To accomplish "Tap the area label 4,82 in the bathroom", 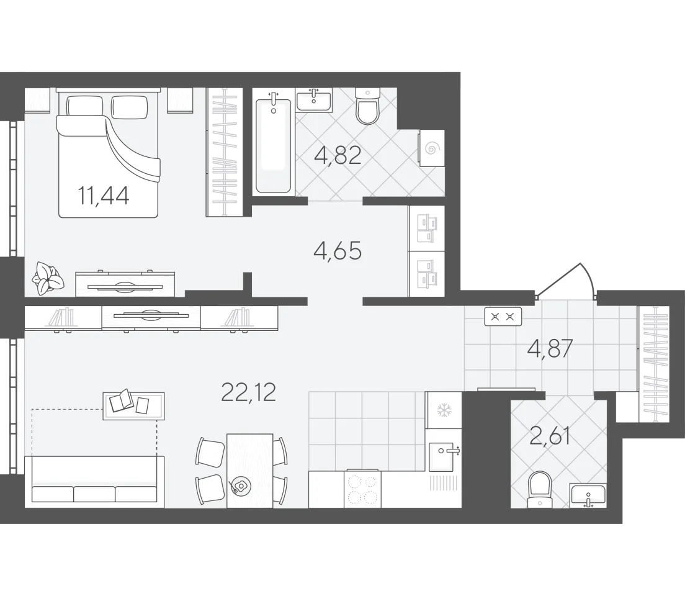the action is (x=338, y=155).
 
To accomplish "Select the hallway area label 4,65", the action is (x=338, y=251).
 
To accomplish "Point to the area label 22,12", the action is (x=249, y=392).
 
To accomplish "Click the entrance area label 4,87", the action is (x=550, y=350).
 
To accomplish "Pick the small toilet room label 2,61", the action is (x=550, y=436).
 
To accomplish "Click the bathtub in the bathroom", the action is (x=273, y=146).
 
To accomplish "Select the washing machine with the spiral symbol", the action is (x=431, y=148).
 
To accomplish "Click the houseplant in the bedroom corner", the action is (x=48, y=278).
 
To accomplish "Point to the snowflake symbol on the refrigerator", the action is (x=444, y=410).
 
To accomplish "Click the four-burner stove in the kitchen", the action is (x=362, y=489).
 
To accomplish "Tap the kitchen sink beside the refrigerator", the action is (x=444, y=456).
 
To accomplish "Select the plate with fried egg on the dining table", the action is (x=240, y=486).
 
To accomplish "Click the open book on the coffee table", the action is (x=122, y=401).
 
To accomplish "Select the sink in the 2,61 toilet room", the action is (x=588, y=496).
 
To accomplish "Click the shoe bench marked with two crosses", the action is (x=503, y=317).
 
